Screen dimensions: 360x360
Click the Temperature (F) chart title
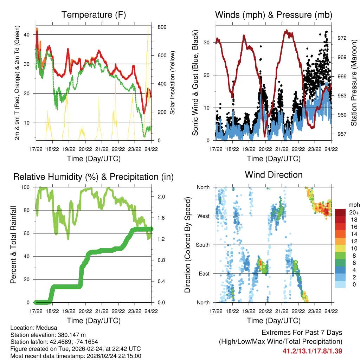[x=94, y=15]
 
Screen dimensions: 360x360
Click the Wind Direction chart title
[x=274, y=175]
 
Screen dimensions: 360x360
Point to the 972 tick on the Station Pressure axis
[x=342, y=38]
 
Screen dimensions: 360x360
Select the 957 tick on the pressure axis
[x=342, y=134]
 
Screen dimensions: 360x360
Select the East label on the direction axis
[x=204, y=274]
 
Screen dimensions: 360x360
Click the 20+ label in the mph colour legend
[x=353, y=212]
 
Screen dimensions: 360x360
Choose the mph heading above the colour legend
[x=353, y=205]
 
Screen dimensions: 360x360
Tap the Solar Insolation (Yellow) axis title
[x=172, y=83]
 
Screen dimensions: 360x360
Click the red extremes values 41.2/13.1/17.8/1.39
[x=312, y=351]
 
